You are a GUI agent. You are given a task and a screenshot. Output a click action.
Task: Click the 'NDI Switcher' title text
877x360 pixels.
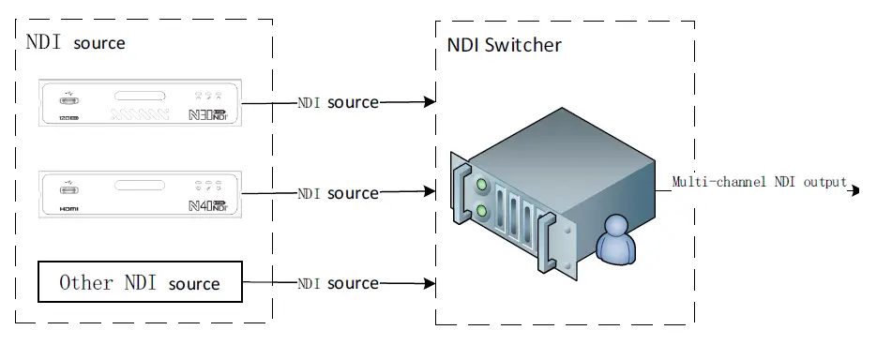(x=504, y=44)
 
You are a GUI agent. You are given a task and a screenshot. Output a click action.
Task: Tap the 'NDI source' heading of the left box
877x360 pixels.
(x=75, y=43)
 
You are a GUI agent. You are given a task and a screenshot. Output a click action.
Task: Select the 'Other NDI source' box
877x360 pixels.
(x=140, y=282)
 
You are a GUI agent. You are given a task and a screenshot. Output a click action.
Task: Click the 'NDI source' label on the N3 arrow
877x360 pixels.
(x=339, y=102)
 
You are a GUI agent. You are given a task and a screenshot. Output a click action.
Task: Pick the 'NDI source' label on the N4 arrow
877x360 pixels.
(x=339, y=193)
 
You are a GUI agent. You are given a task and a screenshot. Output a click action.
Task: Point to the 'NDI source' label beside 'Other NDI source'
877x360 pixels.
(x=339, y=283)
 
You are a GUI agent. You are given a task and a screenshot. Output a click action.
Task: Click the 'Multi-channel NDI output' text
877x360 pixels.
(x=760, y=182)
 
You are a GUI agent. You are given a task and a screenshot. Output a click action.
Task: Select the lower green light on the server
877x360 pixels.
(x=482, y=212)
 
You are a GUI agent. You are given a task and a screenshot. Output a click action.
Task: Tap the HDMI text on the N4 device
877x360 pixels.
(x=68, y=211)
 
